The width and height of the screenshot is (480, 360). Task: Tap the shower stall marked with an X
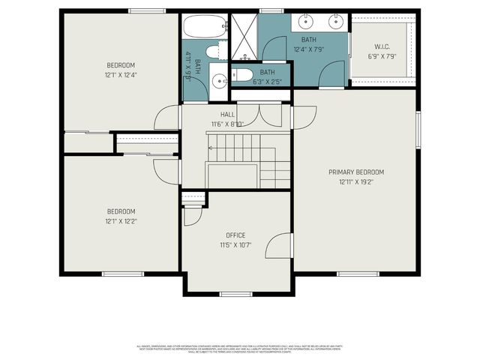point(244,36)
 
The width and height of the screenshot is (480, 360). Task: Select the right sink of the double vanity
point(336,20)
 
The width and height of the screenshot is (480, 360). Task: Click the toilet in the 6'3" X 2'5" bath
point(242,74)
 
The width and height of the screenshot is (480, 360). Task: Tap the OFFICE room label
point(235,235)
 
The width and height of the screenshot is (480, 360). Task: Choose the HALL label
point(227,115)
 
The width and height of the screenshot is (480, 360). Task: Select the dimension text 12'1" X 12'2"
point(120,221)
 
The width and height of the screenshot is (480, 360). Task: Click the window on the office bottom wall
point(235,293)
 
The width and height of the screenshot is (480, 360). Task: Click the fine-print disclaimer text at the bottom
point(240,349)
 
